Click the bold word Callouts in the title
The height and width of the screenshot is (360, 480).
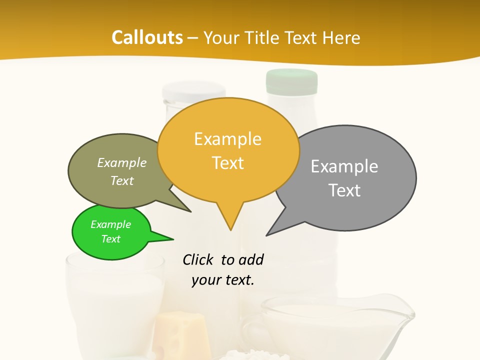(147, 37)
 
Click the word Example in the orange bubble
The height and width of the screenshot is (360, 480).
(227, 139)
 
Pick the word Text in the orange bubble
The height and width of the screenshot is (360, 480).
(228, 163)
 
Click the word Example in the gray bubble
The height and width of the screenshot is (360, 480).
(344, 166)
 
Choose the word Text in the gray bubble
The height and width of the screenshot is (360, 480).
(345, 190)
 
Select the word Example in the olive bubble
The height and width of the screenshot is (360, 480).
(122, 163)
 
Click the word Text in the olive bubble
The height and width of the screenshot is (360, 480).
(122, 181)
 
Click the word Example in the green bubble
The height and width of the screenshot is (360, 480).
(110, 224)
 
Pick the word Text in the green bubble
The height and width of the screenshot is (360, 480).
(110, 239)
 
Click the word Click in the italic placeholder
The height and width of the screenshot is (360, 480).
(199, 260)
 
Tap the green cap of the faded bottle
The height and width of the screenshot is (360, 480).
(292, 81)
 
